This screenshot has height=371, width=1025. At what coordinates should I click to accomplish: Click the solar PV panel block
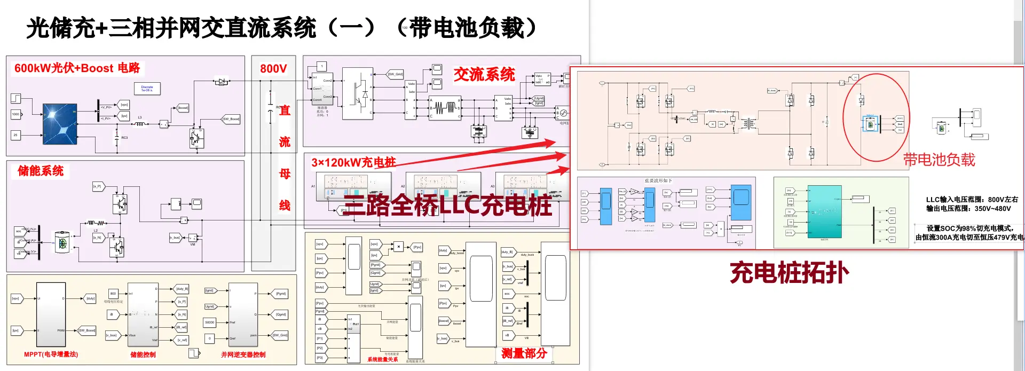tap(60, 121)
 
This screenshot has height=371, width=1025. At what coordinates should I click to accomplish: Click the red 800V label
tap(273, 69)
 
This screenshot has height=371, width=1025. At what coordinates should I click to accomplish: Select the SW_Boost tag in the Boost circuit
tap(231, 119)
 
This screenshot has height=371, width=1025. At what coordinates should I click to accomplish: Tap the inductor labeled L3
tap(140, 123)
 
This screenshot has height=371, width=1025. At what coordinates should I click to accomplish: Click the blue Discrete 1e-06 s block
tap(147, 88)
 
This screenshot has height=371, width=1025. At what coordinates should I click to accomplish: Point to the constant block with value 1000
tap(15, 114)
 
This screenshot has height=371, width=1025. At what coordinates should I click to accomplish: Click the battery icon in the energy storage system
tap(62, 243)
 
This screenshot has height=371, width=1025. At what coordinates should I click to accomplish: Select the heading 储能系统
tap(41, 171)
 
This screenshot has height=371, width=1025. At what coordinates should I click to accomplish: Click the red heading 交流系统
tap(484, 75)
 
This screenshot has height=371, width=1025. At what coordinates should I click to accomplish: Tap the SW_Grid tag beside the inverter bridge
tap(395, 74)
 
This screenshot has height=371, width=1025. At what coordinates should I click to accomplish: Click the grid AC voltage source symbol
tap(563, 113)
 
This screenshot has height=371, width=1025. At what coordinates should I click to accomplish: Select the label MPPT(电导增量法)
tap(51, 354)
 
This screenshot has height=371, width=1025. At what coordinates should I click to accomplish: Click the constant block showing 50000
tap(210, 322)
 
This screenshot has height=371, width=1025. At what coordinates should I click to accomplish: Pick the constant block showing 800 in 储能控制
tap(113, 294)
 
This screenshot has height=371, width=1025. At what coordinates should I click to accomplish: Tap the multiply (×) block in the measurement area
tap(398, 247)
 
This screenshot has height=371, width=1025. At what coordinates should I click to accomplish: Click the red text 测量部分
tap(524, 353)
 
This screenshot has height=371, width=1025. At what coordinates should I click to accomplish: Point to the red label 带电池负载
tap(939, 160)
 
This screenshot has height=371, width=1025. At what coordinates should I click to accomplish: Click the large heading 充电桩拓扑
tap(789, 273)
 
